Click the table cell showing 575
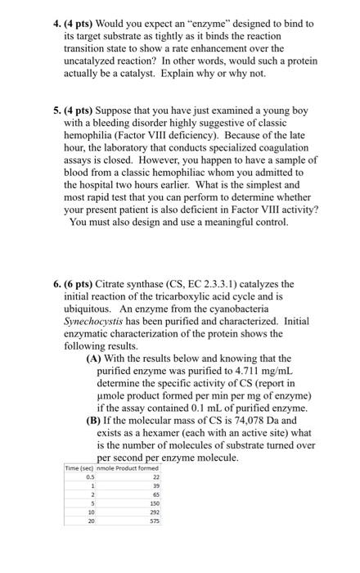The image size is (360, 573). (155, 520)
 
